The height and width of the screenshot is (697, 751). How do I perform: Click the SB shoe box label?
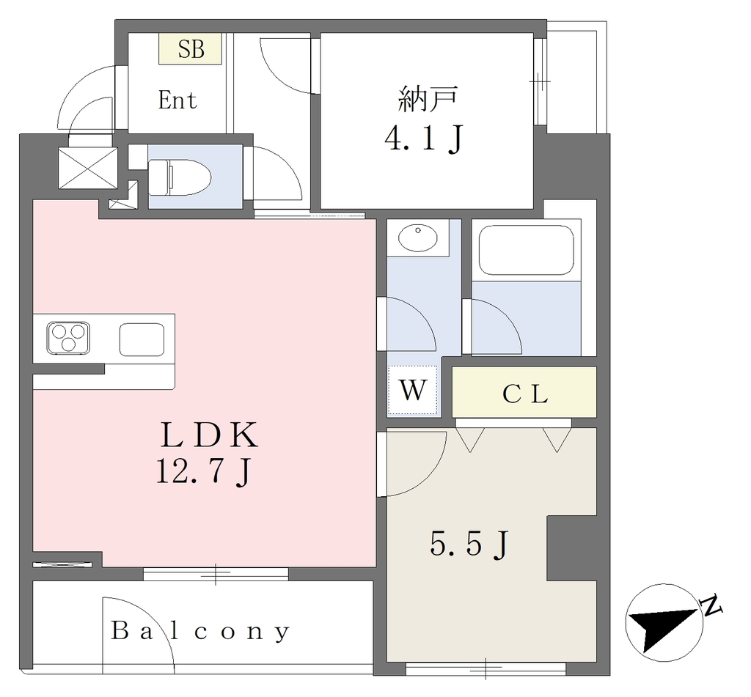tap(191, 49)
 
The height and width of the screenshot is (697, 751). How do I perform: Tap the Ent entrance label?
tap(177, 100)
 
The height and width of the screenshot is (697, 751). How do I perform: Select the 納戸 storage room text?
tap(428, 99)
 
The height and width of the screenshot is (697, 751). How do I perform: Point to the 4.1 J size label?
tap(424, 139)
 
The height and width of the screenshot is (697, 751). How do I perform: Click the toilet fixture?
tap(179, 177)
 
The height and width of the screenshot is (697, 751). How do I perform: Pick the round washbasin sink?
tap(417, 237)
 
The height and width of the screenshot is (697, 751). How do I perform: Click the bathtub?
tap(527, 250)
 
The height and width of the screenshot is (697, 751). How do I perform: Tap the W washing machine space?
tap(412, 390)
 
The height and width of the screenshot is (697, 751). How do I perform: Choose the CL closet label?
tap(525, 394)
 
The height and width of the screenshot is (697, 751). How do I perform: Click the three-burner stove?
tap(68, 338)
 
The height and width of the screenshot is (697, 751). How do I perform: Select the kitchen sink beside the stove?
tap(142, 339)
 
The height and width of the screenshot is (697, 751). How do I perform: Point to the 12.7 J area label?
tap(203, 472)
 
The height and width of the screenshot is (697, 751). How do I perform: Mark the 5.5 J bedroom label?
tap(469, 545)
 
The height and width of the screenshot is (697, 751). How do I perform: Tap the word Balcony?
tap(200, 631)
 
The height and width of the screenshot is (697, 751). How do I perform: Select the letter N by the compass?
tap(711, 605)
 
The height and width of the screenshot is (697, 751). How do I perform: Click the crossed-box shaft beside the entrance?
tap(88, 168)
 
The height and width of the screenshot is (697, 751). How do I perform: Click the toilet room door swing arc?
tap(284, 166)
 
